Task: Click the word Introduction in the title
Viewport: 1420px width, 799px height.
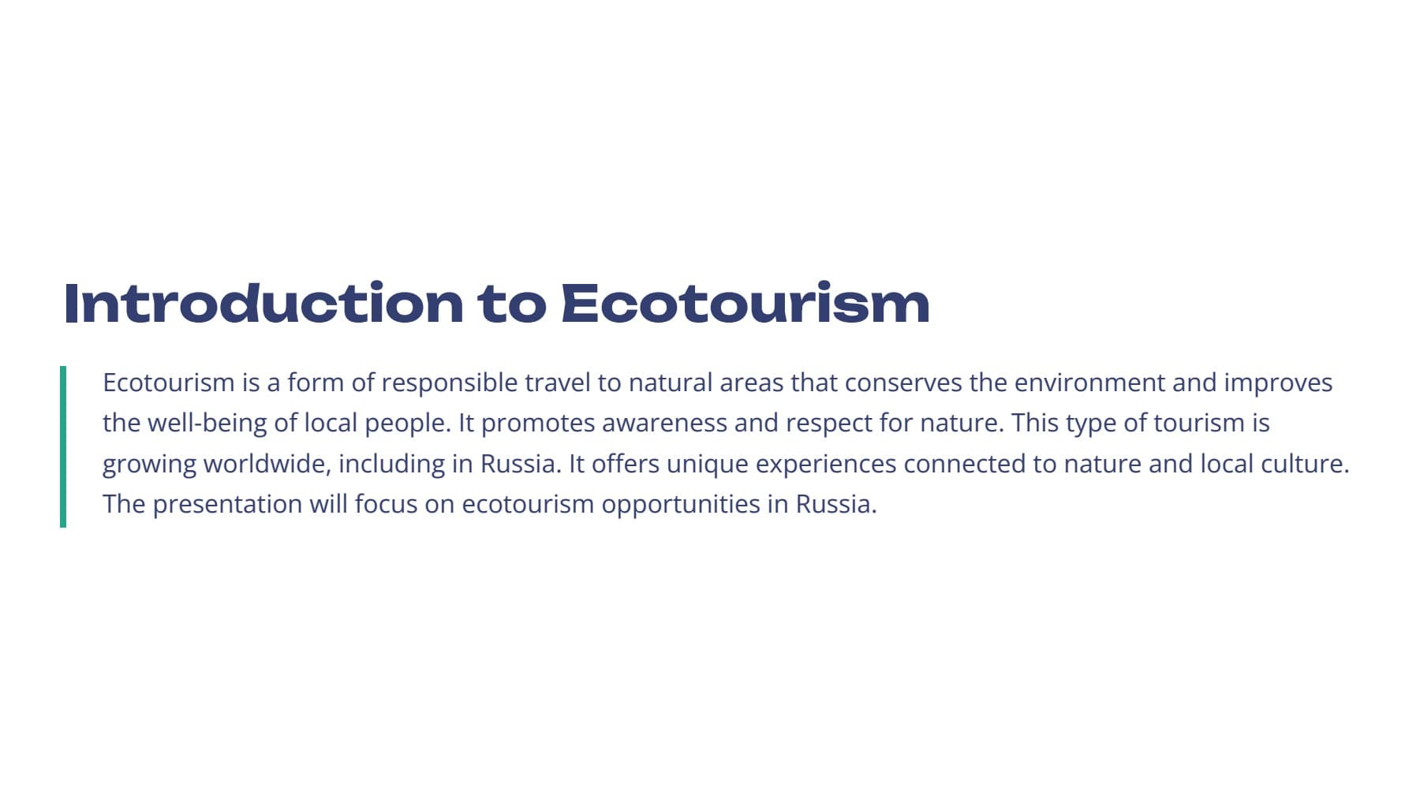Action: [263, 303]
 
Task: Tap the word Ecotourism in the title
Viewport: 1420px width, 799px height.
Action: [745, 303]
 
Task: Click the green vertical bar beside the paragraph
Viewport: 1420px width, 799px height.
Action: [63, 446]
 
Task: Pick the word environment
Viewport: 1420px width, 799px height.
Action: [1089, 383]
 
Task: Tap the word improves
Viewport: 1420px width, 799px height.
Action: [1278, 384]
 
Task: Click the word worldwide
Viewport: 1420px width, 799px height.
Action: [267, 464]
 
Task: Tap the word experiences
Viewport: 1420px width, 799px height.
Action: [826, 465]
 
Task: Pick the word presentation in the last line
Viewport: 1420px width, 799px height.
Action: [227, 505]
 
